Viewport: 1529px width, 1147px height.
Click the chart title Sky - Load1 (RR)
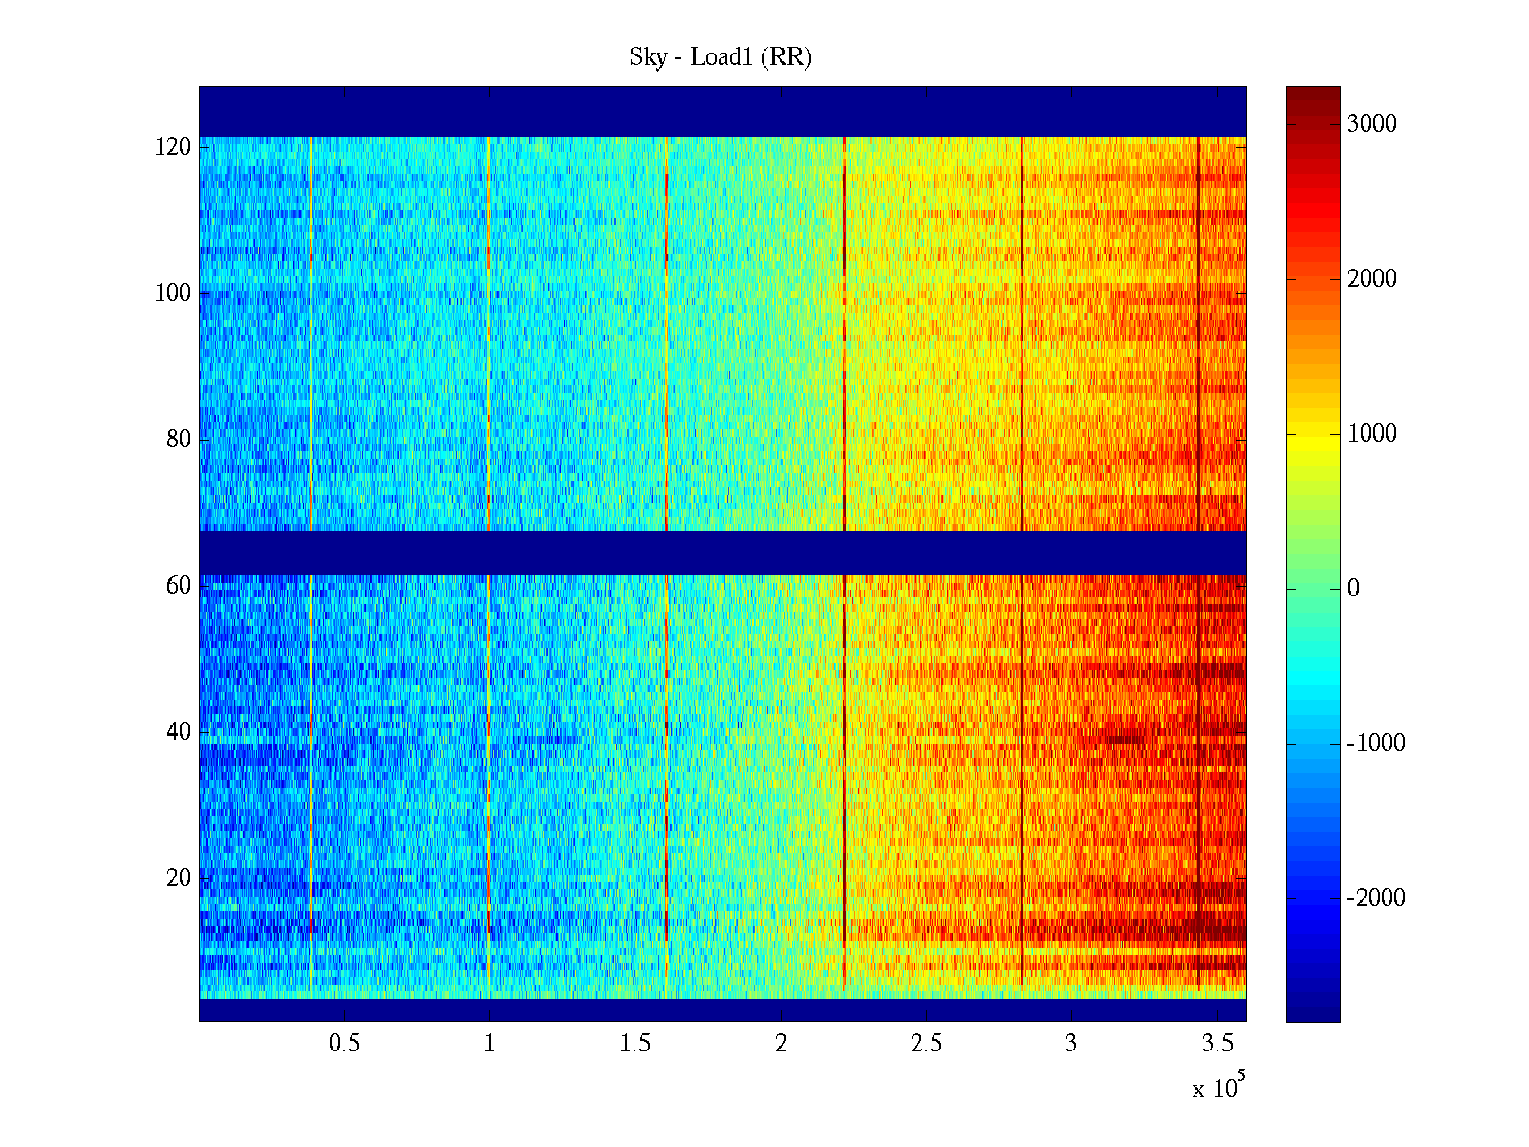click(x=721, y=57)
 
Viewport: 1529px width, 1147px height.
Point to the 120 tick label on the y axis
click(x=173, y=147)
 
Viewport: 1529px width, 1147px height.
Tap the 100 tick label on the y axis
click(x=173, y=293)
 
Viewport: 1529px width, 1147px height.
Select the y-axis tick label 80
click(x=179, y=440)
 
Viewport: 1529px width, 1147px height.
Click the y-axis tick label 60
click(x=179, y=586)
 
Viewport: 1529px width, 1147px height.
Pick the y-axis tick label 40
click(x=179, y=732)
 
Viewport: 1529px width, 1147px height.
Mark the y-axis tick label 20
click(x=179, y=878)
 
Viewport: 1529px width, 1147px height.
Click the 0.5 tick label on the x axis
click(x=345, y=1044)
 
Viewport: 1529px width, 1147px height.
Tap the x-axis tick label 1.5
click(x=635, y=1044)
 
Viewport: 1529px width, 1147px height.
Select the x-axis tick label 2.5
click(x=926, y=1044)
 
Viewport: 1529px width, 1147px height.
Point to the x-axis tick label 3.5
click(x=1217, y=1044)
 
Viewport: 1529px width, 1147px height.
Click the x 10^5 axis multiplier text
click(x=1217, y=1088)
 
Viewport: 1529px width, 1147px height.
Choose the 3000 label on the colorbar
click(x=1372, y=124)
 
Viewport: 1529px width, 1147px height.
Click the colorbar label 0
click(x=1353, y=589)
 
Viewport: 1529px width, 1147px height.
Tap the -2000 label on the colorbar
click(x=1376, y=898)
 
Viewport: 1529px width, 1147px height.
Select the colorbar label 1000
click(x=1372, y=434)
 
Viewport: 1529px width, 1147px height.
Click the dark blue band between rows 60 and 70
click(x=722, y=552)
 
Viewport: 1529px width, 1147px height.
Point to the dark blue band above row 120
click(x=722, y=111)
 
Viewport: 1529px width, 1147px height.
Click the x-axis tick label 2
click(x=781, y=1044)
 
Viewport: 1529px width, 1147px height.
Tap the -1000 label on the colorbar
click(x=1376, y=744)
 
